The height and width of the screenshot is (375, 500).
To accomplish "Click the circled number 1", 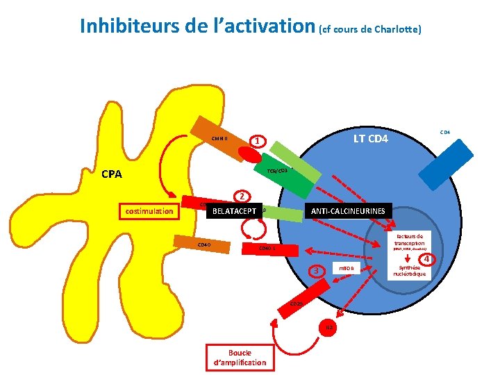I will coord(258,142).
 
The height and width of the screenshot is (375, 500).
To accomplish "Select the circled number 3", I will coord(317,270).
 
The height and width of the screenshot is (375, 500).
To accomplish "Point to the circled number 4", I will coord(428,259).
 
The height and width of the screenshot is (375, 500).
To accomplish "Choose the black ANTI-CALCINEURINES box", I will coord(348,210).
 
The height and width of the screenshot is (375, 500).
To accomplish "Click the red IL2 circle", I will coord(330,327).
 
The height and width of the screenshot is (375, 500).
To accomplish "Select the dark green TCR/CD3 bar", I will coord(291,171).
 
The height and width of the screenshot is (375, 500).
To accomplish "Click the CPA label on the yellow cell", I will coord(111,174).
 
